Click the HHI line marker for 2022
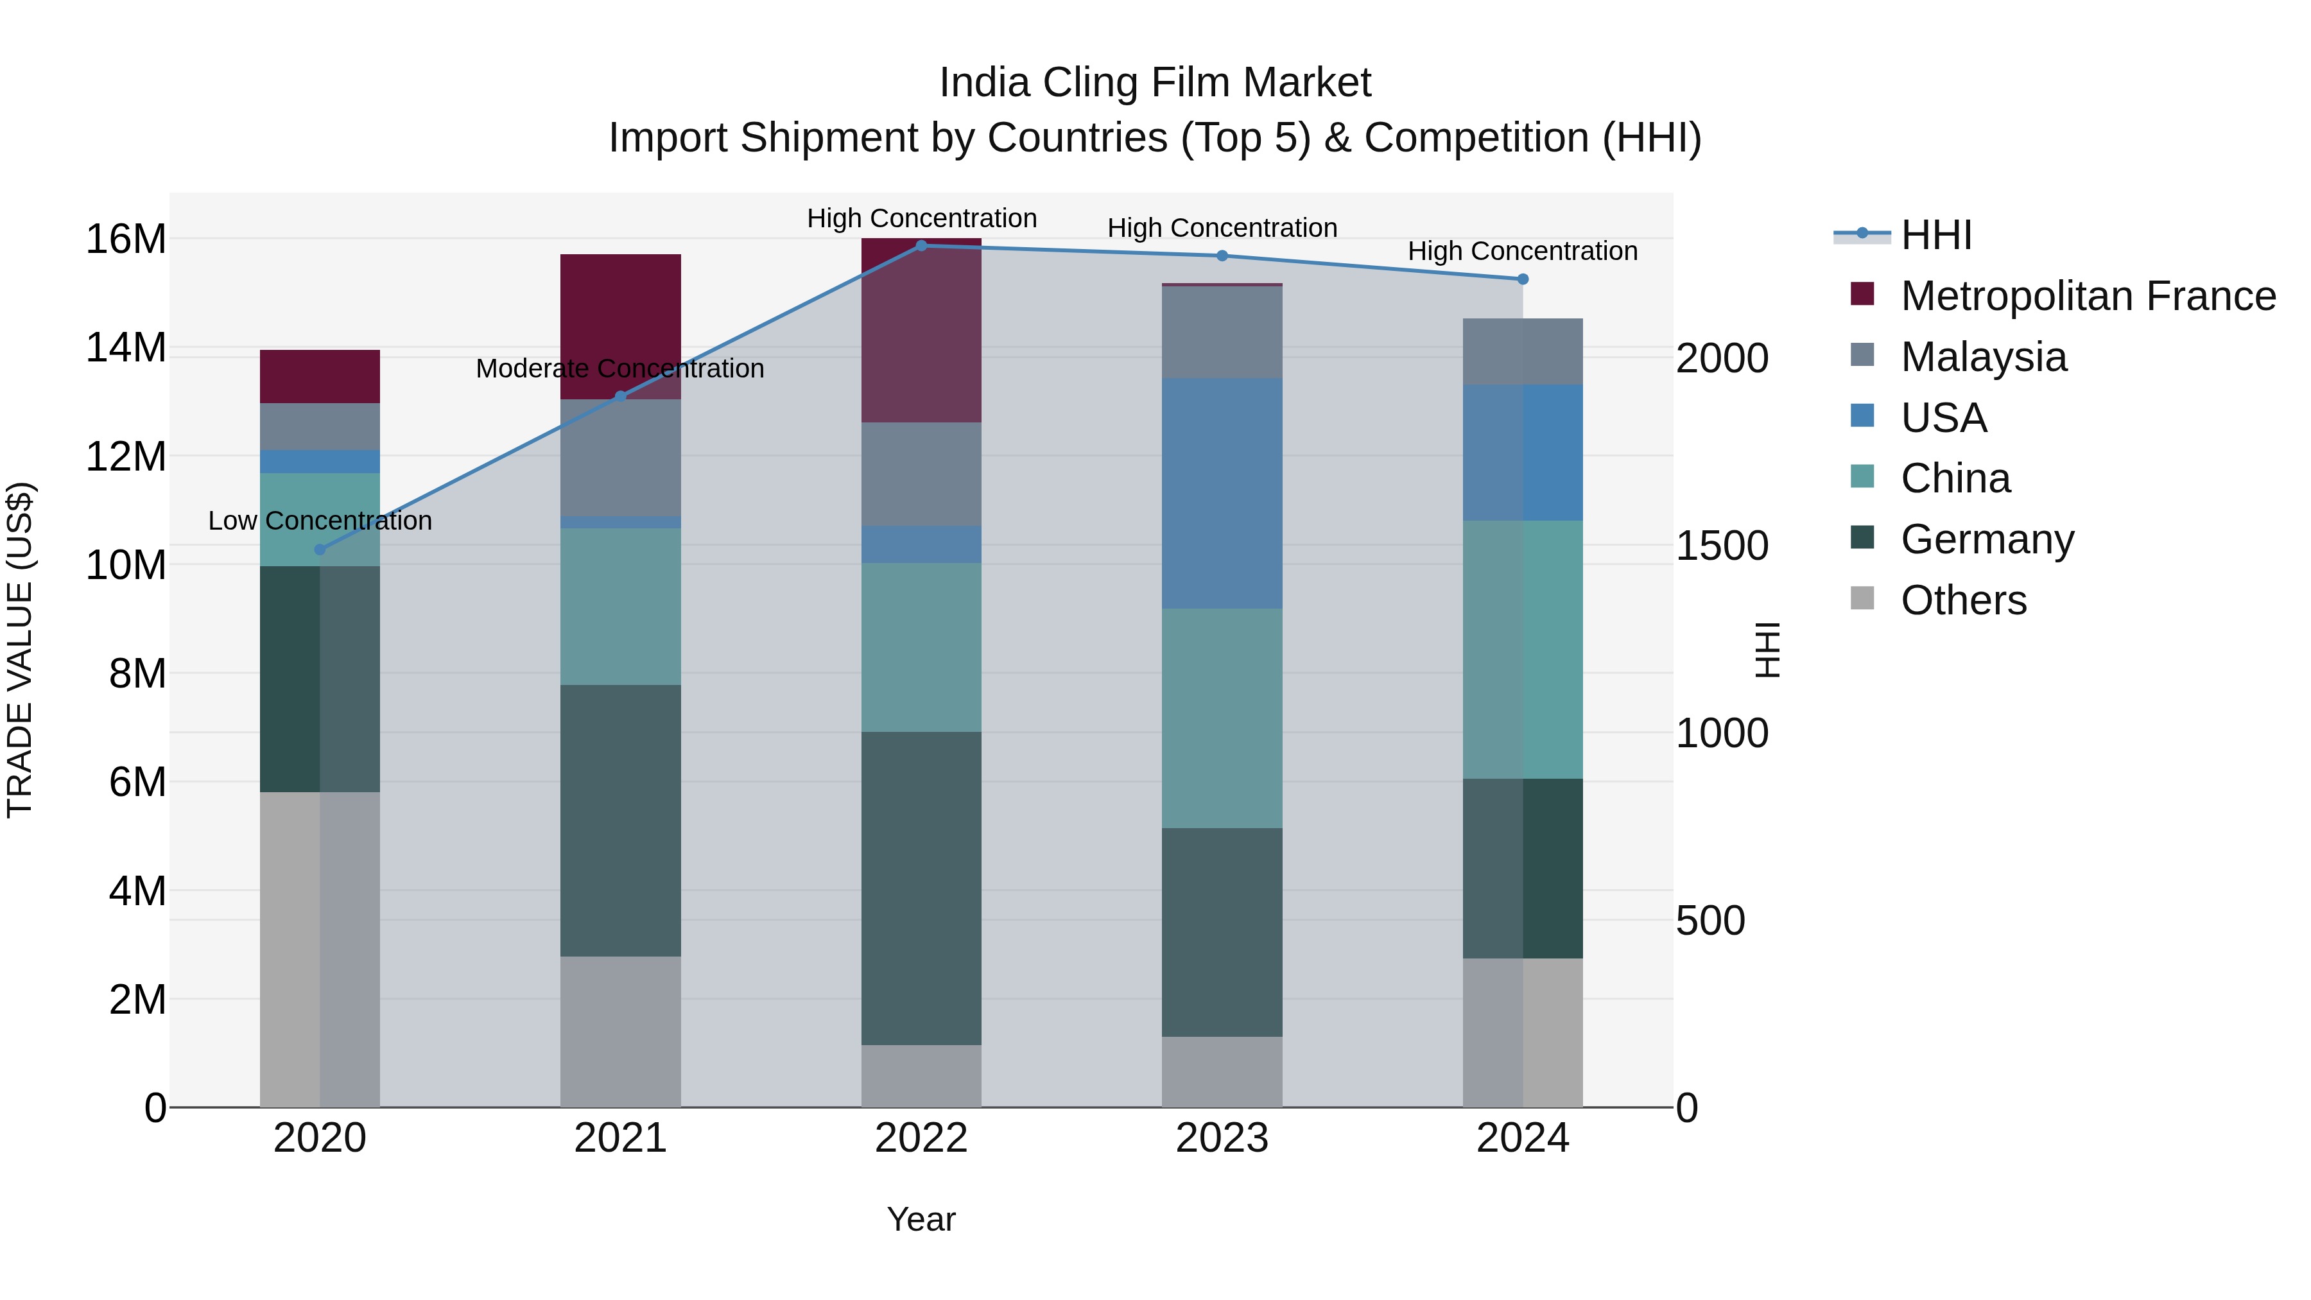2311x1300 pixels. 921,245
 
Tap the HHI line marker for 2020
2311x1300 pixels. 320,549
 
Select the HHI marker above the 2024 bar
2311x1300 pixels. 1523,279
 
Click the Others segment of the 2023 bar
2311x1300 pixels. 1221,1071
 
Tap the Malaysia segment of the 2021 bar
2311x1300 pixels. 620,458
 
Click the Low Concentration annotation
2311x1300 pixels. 320,521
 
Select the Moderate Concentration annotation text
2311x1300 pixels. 620,368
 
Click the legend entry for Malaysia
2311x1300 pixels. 1984,357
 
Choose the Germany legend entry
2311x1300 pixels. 1986,539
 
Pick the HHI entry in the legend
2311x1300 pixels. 1936,235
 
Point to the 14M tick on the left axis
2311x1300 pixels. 126,348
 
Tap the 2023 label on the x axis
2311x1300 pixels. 1221,1138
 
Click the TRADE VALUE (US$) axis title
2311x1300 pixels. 20,650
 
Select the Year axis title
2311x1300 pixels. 921,1219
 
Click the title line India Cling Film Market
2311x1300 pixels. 1155,83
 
